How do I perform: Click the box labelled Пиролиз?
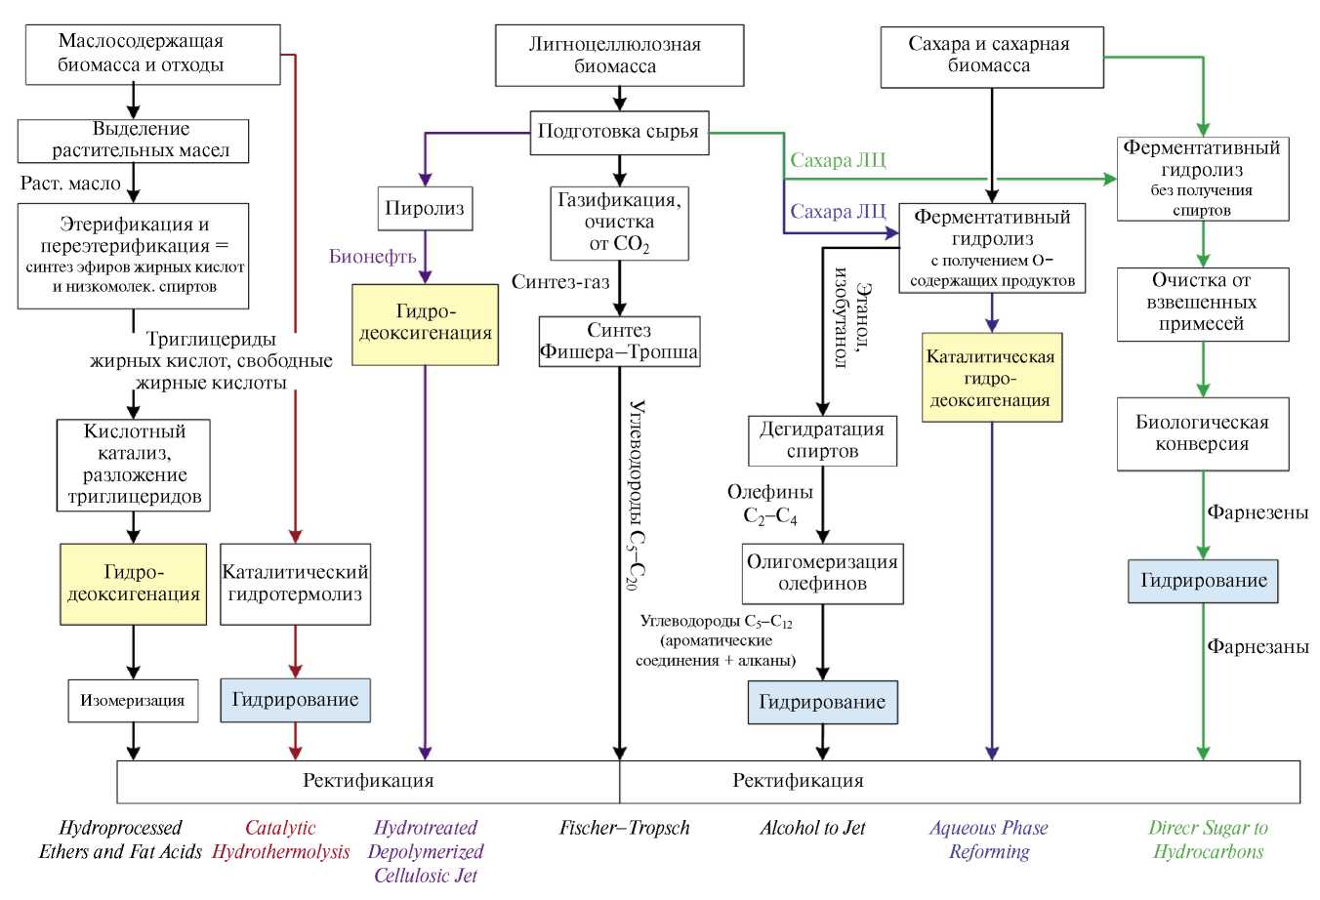[425, 208]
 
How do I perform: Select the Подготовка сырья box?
[619, 132]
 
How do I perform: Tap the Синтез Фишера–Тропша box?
[619, 341]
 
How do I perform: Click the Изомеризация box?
[133, 701]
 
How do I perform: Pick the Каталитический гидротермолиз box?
[295, 584]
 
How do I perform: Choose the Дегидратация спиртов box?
[822, 440]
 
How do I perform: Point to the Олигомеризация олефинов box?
[822, 573]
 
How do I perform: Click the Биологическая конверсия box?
[1202, 433]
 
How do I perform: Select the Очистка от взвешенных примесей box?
[1202, 304]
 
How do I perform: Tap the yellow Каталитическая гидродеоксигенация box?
[991, 378]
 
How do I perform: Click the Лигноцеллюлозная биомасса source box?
[619, 56]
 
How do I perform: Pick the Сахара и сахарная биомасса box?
[991, 56]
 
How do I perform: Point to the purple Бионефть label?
[372, 257]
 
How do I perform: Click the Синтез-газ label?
[560, 282]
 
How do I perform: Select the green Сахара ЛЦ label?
[838, 161]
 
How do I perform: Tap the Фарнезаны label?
[1258, 646]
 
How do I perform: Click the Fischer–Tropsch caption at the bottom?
[624, 828]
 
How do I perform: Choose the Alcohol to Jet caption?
[812, 828]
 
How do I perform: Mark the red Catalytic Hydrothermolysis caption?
[280, 839]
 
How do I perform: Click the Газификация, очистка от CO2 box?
[619, 224]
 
